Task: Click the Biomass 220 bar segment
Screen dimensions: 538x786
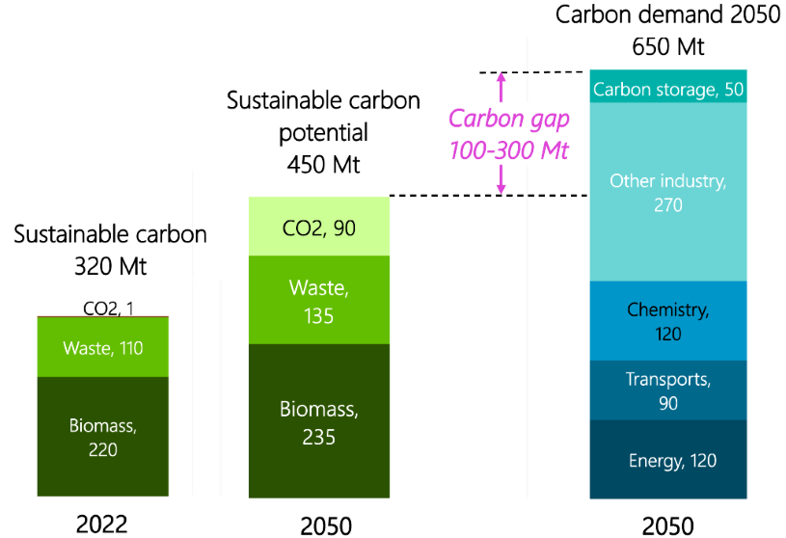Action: click(x=102, y=437)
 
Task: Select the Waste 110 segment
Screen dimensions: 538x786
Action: click(x=102, y=348)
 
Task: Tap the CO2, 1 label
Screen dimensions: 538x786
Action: click(x=103, y=309)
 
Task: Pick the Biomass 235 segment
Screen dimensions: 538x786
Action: click(x=319, y=422)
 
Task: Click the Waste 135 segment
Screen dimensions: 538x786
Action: click(x=319, y=299)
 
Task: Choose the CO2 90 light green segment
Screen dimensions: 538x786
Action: click(x=319, y=228)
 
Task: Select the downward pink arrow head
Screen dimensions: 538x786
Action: click(x=501, y=187)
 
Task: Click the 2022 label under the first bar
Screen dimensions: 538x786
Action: click(x=101, y=524)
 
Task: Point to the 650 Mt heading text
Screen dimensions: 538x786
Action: click(x=668, y=45)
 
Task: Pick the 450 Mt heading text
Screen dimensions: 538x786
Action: click(x=323, y=164)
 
